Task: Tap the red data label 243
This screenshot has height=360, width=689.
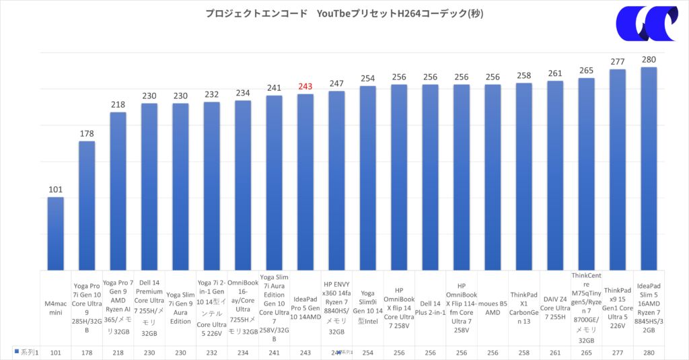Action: [305, 87]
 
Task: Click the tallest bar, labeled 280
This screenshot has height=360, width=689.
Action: [649, 168]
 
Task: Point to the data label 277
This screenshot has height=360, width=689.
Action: [618, 62]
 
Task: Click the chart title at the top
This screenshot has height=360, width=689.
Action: [344, 13]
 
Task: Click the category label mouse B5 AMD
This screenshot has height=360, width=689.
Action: [493, 308]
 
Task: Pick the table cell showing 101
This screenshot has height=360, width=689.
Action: [55, 352]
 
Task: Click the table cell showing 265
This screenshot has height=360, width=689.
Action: [586, 352]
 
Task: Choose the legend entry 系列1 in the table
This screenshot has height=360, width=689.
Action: [26, 352]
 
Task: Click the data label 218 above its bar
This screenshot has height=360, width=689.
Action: [118, 105]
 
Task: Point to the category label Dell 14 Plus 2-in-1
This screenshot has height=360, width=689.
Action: [430, 308]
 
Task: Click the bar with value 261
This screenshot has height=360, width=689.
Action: [555, 175]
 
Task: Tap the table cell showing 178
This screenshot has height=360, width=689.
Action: [87, 352]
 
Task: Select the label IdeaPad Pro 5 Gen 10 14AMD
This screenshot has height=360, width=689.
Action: [305, 308]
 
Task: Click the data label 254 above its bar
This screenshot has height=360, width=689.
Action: [367, 79]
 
